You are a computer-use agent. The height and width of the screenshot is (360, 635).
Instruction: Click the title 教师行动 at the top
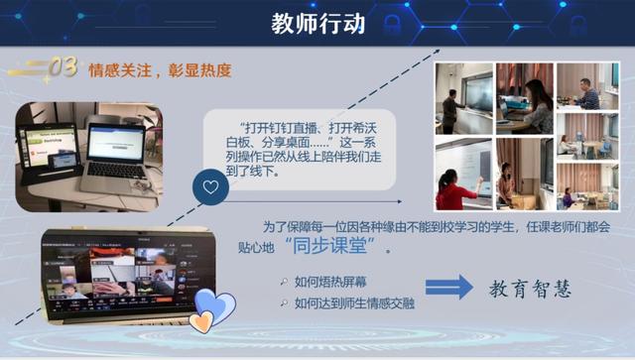click(x=317, y=23)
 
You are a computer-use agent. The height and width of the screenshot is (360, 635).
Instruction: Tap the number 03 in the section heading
click(x=63, y=67)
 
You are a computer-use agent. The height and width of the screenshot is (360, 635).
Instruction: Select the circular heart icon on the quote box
click(x=210, y=185)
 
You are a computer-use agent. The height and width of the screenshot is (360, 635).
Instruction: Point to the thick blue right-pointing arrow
click(x=448, y=287)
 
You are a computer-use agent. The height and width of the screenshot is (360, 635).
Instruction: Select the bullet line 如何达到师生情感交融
click(x=350, y=301)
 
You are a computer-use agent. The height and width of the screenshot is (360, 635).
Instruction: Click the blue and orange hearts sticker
click(x=213, y=309)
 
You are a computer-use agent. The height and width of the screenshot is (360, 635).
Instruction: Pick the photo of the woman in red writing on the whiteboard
click(x=463, y=174)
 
